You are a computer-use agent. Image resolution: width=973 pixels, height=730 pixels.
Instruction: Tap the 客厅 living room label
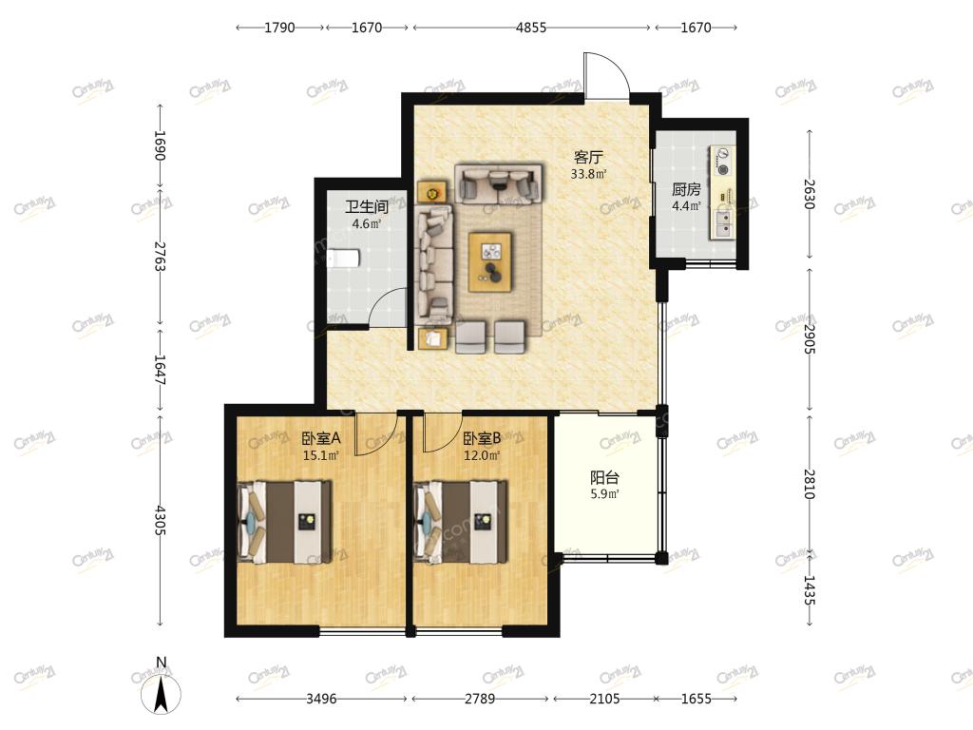point(588,157)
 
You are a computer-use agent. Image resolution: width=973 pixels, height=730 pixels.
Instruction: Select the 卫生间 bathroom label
point(367,206)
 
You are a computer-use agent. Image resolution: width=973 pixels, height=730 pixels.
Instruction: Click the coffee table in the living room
point(490,262)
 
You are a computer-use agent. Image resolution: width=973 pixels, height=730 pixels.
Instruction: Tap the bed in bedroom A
point(284,522)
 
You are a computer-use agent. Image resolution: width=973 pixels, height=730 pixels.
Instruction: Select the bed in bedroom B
point(461,522)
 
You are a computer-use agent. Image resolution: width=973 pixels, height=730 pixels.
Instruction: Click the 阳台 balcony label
point(604,477)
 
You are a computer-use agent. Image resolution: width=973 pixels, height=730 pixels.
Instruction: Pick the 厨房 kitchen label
point(686,189)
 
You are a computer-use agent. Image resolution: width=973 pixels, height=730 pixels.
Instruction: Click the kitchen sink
point(723,224)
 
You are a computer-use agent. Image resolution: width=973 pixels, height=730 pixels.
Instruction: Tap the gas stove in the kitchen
point(722,160)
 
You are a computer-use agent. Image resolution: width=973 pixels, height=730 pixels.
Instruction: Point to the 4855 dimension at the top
point(531,28)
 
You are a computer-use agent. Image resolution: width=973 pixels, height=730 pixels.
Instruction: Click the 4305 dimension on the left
point(160,520)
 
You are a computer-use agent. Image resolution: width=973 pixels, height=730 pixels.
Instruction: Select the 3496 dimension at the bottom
point(321,699)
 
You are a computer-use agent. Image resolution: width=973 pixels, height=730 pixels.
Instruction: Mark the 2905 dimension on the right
point(810,339)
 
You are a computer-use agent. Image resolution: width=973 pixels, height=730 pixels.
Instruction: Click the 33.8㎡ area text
point(588,175)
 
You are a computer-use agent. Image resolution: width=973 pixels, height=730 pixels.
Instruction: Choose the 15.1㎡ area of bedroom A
point(321,455)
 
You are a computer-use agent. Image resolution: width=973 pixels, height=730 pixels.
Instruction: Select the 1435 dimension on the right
point(810,589)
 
